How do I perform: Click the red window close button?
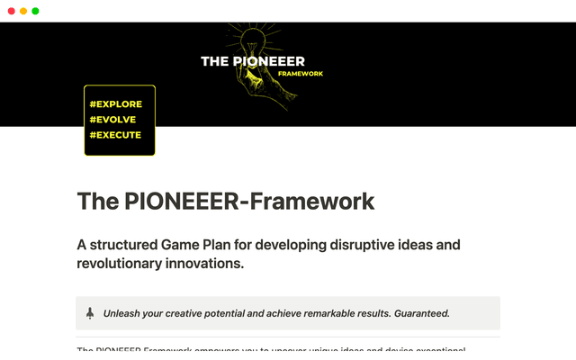click(12, 11)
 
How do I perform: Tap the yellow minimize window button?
click(23, 11)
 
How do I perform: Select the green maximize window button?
click(35, 11)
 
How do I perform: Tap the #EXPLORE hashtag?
click(116, 104)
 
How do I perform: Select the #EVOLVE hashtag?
click(113, 120)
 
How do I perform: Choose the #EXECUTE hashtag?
click(115, 135)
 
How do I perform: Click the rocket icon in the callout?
click(90, 313)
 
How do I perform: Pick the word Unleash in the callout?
click(123, 314)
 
